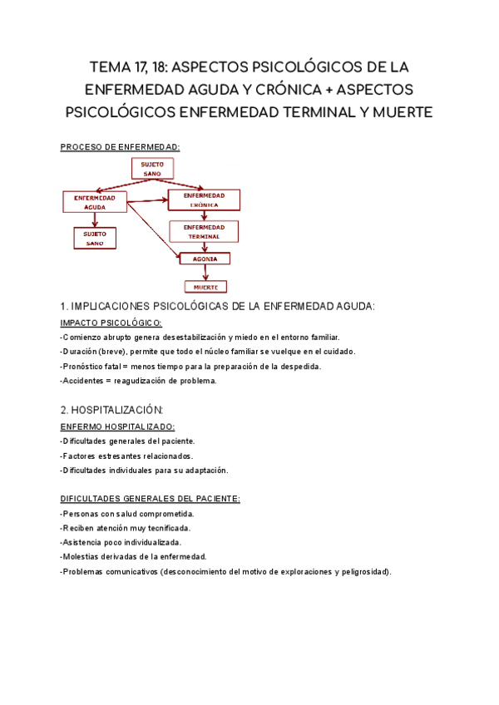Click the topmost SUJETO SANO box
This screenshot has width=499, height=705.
pyautogui.click(x=152, y=168)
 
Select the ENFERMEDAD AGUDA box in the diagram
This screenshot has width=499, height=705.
pyautogui.click(x=95, y=202)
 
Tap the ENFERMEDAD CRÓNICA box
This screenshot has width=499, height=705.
pyautogui.click(x=204, y=200)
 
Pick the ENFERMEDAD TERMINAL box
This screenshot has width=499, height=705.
pyautogui.click(x=204, y=231)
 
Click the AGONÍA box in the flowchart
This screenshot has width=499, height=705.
pyautogui.click(x=205, y=259)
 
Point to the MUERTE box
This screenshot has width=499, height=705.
pyautogui.click(x=205, y=287)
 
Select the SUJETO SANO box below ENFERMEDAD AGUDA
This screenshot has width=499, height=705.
pyautogui.click(x=95, y=239)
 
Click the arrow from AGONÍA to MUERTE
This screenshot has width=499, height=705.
pyautogui.click(x=205, y=273)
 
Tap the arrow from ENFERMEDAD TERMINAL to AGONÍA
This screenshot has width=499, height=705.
pyautogui.click(x=205, y=247)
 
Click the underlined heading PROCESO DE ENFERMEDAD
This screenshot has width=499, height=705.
pyautogui.click(x=121, y=147)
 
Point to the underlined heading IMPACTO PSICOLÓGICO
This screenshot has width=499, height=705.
pyautogui.click(x=111, y=323)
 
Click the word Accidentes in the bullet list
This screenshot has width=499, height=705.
pyautogui.click(x=85, y=381)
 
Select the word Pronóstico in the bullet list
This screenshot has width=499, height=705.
pyautogui.click(x=86, y=367)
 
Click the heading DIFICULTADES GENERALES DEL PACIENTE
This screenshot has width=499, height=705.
pyautogui.click(x=151, y=499)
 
